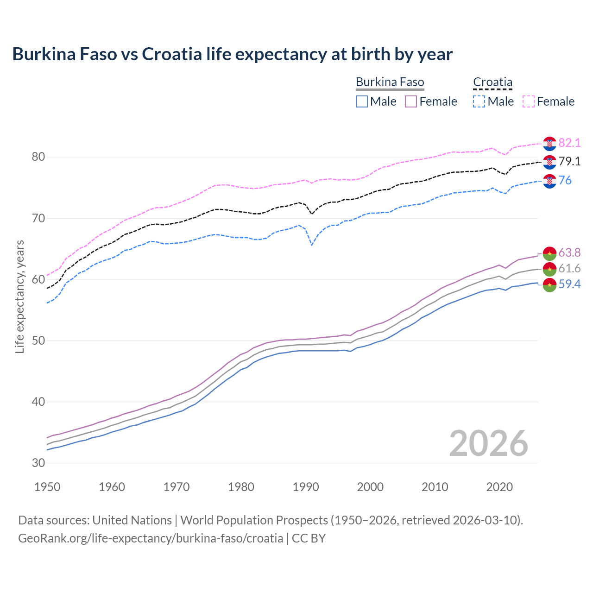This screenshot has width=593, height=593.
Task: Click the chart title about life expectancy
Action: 232,54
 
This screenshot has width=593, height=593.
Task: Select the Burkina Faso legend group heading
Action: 390,82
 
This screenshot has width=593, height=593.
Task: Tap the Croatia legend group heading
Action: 492,82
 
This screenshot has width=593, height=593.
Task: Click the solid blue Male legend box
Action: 362,101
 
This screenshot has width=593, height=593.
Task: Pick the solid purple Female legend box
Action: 411,101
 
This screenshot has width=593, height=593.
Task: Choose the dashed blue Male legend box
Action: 479,101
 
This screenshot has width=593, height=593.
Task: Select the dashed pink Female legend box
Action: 529,101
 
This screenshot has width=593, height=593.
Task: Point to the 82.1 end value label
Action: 569,143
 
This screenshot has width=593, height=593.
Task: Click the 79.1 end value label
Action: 569,162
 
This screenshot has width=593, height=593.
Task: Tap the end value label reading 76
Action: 565,181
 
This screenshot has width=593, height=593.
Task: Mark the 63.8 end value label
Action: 569,253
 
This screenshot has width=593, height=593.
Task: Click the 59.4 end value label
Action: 569,284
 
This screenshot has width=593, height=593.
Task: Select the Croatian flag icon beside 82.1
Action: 549,144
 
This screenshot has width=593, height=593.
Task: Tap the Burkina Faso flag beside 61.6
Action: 549,269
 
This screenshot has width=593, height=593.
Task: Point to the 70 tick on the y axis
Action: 38,218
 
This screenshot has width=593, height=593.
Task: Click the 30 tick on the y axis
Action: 38,463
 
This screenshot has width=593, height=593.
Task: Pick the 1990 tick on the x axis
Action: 306,487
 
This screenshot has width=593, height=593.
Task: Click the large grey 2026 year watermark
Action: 489,443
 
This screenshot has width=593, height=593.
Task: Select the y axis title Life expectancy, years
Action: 20,296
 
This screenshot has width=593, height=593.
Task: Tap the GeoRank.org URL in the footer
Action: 151,538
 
